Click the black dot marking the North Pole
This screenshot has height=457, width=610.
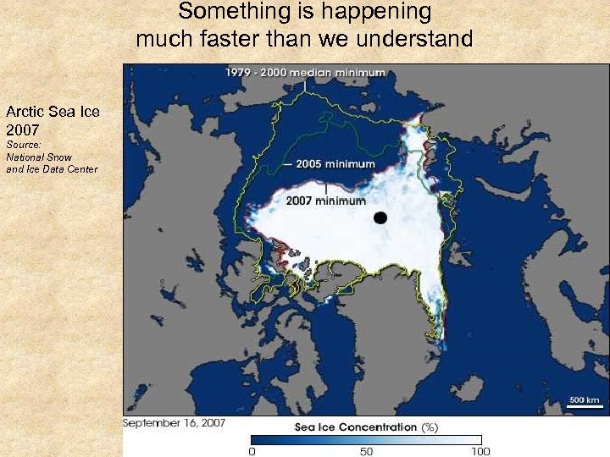(x=380, y=217)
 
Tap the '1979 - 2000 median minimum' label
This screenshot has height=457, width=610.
(x=305, y=73)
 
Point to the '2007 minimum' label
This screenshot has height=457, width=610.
(x=326, y=201)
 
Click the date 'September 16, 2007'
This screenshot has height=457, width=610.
(x=175, y=422)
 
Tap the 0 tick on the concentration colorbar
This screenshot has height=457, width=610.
(x=251, y=451)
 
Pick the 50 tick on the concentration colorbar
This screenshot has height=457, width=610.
(x=366, y=451)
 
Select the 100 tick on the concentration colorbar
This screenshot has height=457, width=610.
(x=480, y=451)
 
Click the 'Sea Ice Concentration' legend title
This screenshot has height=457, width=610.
(x=356, y=427)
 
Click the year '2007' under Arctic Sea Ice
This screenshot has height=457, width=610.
(x=23, y=130)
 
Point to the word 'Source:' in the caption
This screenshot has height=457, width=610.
(x=23, y=146)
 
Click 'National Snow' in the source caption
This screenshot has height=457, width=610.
(x=39, y=157)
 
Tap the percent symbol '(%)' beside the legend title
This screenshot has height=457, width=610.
(x=430, y=427)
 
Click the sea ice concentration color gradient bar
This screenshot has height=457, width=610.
(x=366, y=439)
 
